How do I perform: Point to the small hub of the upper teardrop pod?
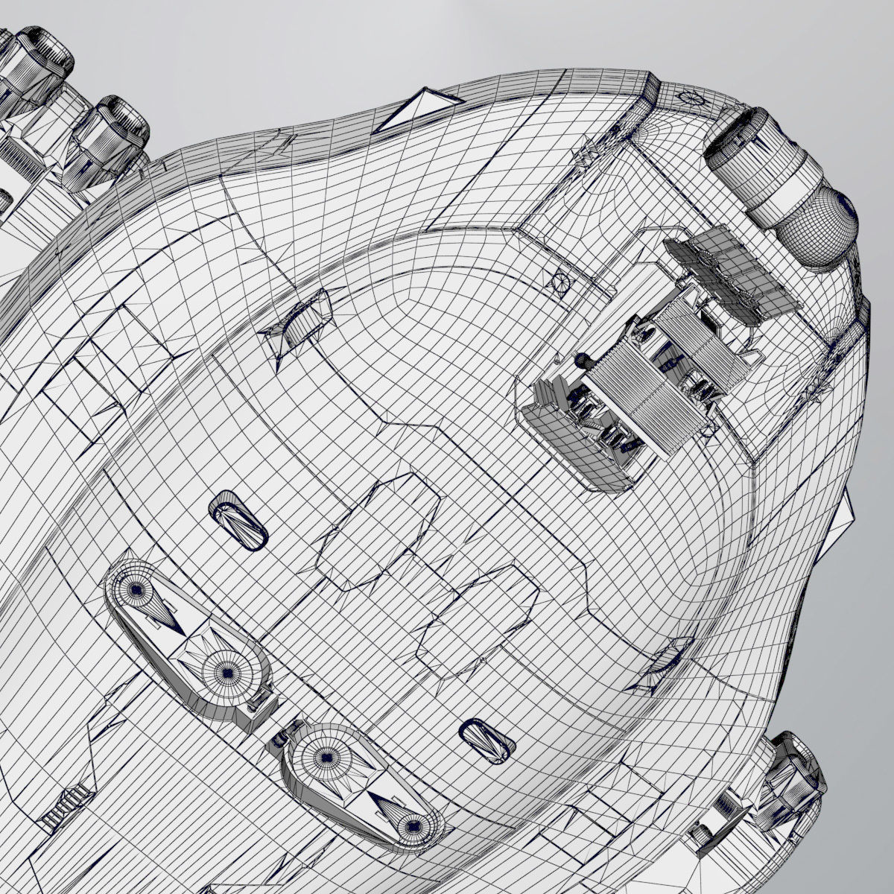tap(136, 589)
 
